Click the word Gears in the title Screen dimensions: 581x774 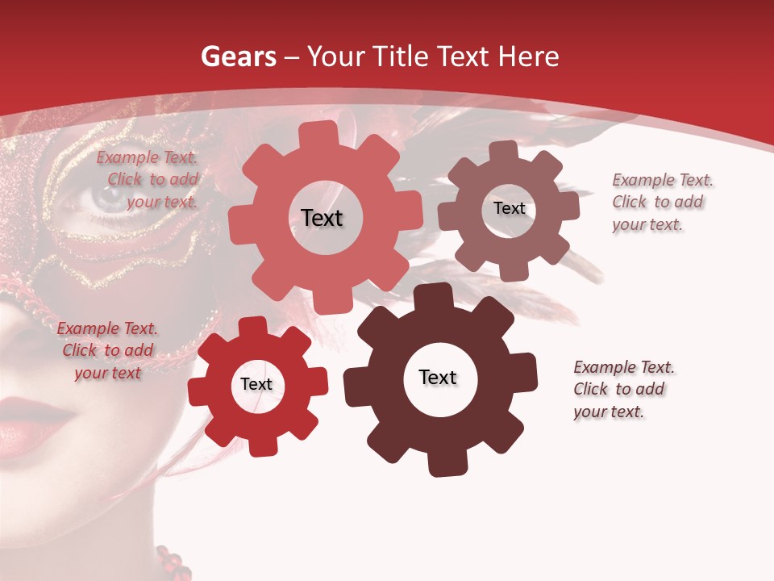pyautogui.click(x=238, y=56)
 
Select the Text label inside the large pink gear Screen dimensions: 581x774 pyautogui.click(x=322, y=218)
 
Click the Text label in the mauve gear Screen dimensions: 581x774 pyautogui.click(x=509, y=208)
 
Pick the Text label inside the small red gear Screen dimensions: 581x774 pyautogui.click(x=256, y=385)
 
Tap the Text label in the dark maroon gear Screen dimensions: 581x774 pyautogui.click(x=438, y=378)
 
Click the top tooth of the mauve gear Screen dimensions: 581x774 pyautogui.click(x=504, y=151)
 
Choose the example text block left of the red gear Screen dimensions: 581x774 pyautogui.click(x=107, y=350)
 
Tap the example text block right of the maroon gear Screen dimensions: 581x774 pyautogui.click(x=622, y=389)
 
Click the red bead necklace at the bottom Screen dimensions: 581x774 pyautogui.click(x=172, y=562)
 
